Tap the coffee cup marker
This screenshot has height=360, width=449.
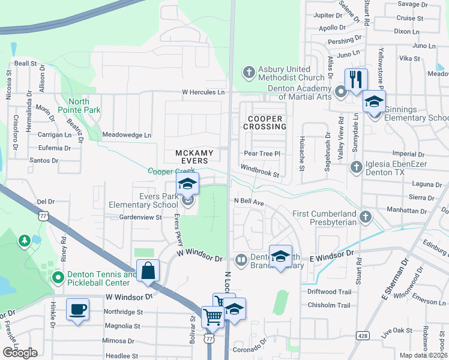click(77, 310)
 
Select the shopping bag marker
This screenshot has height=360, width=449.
click(148, 271)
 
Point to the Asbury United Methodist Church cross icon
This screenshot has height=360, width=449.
click(249, 73)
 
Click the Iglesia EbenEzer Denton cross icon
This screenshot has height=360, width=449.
click(356, 166)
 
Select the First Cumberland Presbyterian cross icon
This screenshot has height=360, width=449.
click(366, 215)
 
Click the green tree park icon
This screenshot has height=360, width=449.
click(24, 241)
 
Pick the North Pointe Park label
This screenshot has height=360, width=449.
click(79, 106)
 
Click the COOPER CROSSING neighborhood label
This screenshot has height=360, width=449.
click(265, 123)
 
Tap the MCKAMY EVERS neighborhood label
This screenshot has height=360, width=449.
click(194, 157)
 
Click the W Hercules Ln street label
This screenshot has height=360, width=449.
click(203, 92)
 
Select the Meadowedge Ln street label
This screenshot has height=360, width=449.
click(127, 135)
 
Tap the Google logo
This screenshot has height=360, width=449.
click(20, 353)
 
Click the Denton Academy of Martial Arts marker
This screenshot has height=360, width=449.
click(341, 92)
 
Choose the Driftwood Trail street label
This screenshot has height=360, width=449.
click(329, 292)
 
